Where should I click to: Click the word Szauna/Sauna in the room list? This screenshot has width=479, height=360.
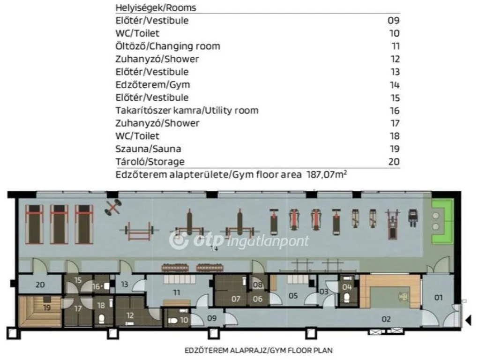[x=148, y=149]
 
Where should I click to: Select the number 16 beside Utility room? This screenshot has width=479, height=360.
[x=395, y=111]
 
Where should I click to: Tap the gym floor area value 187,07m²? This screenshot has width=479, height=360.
[x=327, y=174]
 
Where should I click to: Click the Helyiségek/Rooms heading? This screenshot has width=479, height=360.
[x=156, y=7]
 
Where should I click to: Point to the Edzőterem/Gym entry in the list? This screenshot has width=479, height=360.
[x=153, y=85]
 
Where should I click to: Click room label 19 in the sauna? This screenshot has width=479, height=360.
[x=47, y=307]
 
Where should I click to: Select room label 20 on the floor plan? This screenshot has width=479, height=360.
[x=40, y=285]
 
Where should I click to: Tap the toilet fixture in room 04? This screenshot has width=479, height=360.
[x=346, y=297]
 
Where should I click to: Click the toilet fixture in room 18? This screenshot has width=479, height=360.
[x=102, y=319]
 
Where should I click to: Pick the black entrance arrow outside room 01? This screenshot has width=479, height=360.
[x=468, y=321]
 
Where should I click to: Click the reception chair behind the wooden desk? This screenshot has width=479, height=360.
[x=402, y=296]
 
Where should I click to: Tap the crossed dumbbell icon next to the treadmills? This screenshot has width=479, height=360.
[x=112, y=207]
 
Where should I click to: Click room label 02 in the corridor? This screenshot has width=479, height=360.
[x=386, y=319]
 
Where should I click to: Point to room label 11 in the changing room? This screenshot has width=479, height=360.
[x=177, y=293]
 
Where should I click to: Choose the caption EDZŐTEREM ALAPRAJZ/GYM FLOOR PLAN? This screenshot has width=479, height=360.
[x=258, y=350]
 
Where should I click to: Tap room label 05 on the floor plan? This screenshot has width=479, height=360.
[x=293, y=295]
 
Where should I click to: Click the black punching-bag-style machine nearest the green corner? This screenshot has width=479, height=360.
[x=413, y=217]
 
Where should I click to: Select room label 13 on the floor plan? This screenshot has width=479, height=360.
[x=124, y=284]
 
